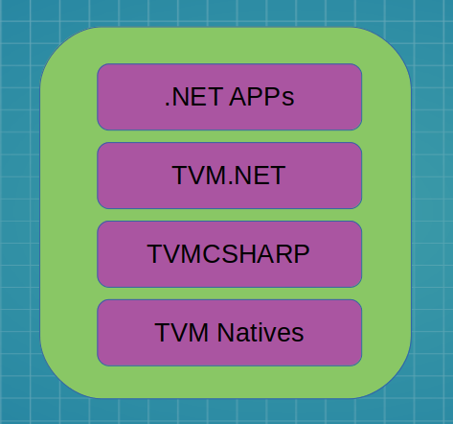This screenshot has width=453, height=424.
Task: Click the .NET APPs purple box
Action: coord(229,97)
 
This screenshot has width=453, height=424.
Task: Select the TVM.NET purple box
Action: coord(229,176)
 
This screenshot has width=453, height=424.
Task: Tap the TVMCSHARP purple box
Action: coord(229,254)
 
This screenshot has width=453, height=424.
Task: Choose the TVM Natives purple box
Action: coord(229,333)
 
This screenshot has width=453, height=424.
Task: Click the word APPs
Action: coord(261,97)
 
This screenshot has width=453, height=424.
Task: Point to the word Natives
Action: coord(260,333)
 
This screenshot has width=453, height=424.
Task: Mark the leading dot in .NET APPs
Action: coord(168,105)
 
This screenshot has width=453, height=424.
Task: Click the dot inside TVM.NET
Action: coord(231,183)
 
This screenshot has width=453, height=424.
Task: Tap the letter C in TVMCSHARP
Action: coord(213,254)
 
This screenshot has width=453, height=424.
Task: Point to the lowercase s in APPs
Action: coord(288,99)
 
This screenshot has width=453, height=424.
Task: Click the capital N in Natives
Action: coord(225,333)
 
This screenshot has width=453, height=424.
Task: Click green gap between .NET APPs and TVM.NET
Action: coord(229,136)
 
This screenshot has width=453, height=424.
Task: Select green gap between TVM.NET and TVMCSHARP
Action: coord(229,215)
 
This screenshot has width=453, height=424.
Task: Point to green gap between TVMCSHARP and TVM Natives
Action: coord(229,294)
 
